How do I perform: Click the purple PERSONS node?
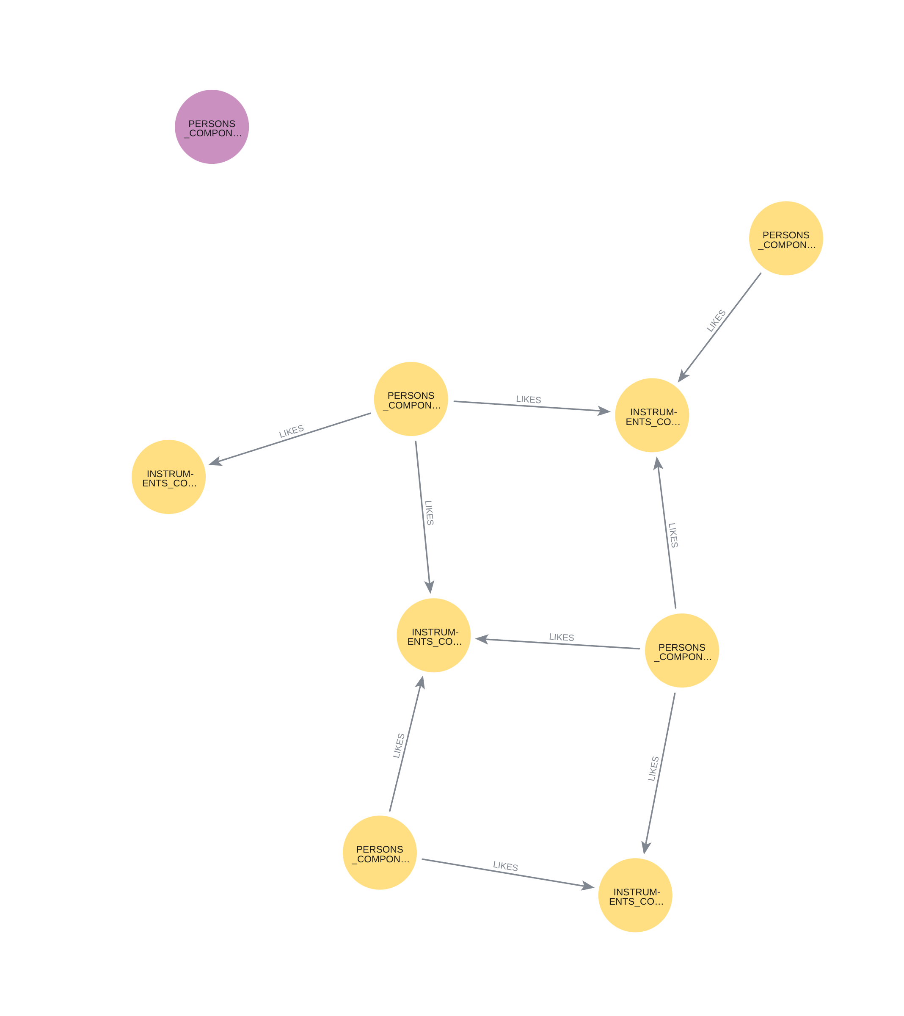click(x=212, y=127)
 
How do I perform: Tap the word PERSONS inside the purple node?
click(x=212, y=124)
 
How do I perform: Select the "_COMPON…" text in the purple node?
click(x=213, y=133)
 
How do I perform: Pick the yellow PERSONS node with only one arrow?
click(x=786, y=238)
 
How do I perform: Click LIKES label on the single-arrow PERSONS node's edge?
click(x=716, y=320)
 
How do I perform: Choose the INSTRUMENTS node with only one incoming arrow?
click(x=168, y=477)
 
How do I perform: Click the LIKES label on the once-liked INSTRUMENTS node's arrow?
click(x=291, y=431)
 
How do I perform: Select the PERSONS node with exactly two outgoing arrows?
click(x=379, y=853)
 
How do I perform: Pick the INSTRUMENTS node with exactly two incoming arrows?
click(x=635, y=895)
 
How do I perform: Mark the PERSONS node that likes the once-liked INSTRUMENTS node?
click(x=411, y=399)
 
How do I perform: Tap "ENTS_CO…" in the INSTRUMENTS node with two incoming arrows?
click(x=636, y=901)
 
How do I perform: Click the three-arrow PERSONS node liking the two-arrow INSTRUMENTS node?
click(x=681, y=651)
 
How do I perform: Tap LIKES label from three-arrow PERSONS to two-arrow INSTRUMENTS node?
click(x=653, y=768)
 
